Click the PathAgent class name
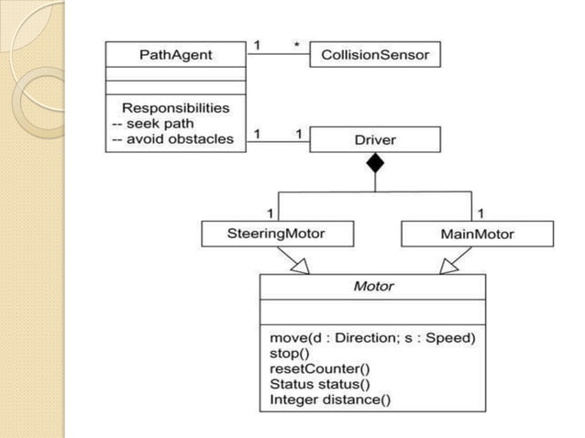pyautogui.click(x=175, y=55)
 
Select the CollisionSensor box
pyautogui.click(x=375, y=55)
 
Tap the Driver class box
pyautogui.click(x=375, y=140)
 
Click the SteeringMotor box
pyautogui.click(x=263, y=235)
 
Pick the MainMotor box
pyautogui.click(x=477, y=235)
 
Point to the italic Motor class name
pyautogui.click(x=373, y=286)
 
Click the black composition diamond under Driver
pyautogui.click(x=375, y=164)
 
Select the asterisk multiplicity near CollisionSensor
pyautogui.click(x=295, y=43)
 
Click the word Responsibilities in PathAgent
pyautogui.click(x=175, y=108)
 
